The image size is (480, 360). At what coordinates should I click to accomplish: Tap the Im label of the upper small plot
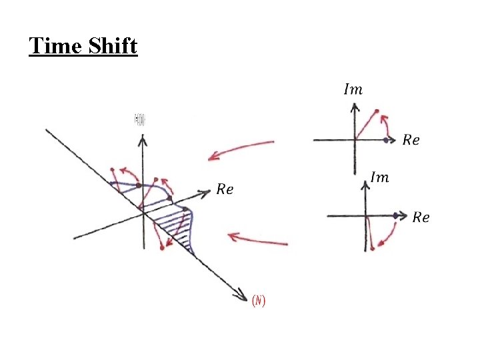pos(353,89)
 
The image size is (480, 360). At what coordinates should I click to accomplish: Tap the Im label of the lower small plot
pos(379,177)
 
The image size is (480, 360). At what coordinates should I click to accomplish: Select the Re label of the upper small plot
pos(411,140)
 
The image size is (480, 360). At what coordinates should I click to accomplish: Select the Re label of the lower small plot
pos(421,217)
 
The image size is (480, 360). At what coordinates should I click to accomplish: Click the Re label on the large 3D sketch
pos(225,189)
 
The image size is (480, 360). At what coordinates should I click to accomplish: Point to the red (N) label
pos(259,301)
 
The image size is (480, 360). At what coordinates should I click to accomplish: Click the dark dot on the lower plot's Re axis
pos(396,215)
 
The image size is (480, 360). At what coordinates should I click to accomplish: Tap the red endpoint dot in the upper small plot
pos(377,111)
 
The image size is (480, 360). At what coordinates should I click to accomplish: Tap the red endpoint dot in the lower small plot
pos(372,249)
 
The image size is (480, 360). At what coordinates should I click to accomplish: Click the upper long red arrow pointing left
pos(240,150)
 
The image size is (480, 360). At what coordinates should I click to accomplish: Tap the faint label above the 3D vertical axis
pos(140,120)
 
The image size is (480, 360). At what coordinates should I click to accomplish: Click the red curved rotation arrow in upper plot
pos(386,125)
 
